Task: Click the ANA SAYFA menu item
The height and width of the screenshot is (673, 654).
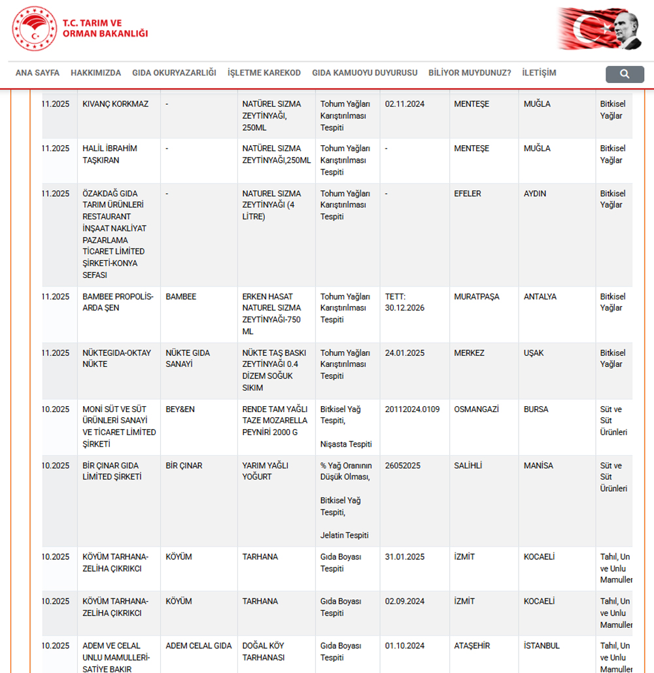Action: pyautogui.click(x=37, y=73)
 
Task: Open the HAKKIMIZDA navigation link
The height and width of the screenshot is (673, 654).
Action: pyautogui.click(x=95, y=73)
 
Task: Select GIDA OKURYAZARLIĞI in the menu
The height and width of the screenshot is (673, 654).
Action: pyautogui.click(x=174, y=73)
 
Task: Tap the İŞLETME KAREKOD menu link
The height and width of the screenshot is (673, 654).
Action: pyautogui.click(x=264, y=73)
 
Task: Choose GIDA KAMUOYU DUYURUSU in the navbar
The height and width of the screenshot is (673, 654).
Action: pyautogui.click(x=364, y=73)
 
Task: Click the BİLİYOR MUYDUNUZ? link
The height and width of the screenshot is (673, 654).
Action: pyautogui.click(x=470, y=73)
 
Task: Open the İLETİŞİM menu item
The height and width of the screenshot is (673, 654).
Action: pyautogui.click(x=539, y=73)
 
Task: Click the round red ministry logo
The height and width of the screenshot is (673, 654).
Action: pyautogui.click(x=34, y=29)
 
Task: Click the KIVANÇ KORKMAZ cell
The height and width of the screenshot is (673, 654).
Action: pyautogui.click(x=116, y=105)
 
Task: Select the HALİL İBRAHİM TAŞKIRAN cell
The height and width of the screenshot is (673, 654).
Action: pyautogui.click(x=110, y=154)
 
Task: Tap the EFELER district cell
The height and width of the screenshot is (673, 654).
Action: pyautogui.click(x=467, y=194)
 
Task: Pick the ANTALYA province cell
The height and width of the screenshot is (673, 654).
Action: pyautogui.click(x=540, y=297)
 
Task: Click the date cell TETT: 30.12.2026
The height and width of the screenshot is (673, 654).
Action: pyautogui.click(x=405, y=302)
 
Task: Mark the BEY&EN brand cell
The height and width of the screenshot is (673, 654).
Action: pyautogui.click(x=180, y=409)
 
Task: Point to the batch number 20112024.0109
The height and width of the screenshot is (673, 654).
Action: pyautogui.click(x=412, y=409)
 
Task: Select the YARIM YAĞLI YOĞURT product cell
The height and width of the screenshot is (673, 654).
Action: pyautogui.click(x=265, y=471)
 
